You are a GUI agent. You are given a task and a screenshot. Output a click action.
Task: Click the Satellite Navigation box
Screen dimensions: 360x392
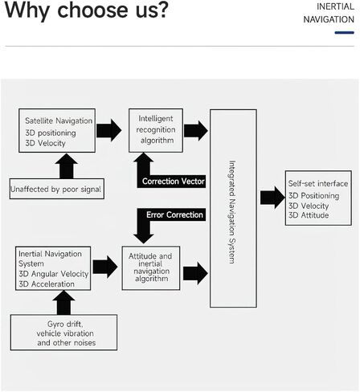(57, 130)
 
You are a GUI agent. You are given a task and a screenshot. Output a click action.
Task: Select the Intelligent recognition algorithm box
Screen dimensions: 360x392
(156, 130)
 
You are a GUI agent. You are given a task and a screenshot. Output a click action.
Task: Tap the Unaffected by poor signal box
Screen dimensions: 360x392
(57, 189)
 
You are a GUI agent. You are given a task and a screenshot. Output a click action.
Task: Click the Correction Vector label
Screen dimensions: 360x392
(174, 182)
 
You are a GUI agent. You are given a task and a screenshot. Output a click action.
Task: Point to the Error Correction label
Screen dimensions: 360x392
(174, 214)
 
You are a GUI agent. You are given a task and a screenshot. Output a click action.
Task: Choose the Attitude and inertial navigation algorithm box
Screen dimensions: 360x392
(151, 268)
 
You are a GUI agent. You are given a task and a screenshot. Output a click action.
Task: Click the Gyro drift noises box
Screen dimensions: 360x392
(63, 333)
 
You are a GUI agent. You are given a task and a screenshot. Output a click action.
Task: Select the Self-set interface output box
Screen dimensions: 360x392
(318, 198)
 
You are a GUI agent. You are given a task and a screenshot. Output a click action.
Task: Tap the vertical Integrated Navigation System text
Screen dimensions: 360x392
(232, 212)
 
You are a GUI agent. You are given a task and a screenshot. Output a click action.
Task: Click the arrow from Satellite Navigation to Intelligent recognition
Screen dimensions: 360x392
(108, 130)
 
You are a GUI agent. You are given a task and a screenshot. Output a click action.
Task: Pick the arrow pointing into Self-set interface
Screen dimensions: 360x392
(272, 198)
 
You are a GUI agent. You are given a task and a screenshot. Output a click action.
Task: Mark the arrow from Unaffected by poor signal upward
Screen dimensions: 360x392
(67, 166)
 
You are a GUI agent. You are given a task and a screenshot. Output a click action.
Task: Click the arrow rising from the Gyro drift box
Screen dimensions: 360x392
(63, 303)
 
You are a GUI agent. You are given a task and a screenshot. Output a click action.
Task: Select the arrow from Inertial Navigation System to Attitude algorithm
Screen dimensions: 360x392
(105, 267)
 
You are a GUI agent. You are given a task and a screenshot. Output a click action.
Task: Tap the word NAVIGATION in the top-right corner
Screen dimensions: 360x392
(329, 19)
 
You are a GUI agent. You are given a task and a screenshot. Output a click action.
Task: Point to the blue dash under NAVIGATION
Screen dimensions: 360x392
(345, 33)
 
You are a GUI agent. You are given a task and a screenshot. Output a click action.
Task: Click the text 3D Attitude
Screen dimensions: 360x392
(309, 215)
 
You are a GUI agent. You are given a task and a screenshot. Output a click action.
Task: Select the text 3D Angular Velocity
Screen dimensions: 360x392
(54, 274)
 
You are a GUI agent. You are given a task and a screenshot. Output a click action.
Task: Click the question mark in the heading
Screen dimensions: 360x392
(162, 10)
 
